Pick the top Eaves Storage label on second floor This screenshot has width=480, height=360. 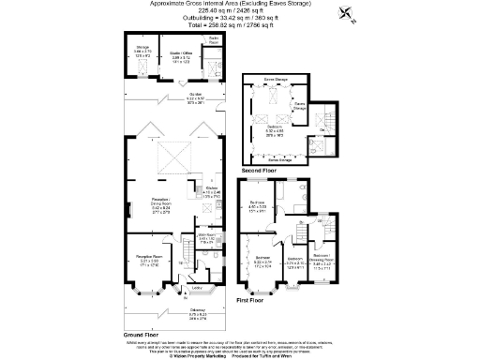[x=276, y=82]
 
